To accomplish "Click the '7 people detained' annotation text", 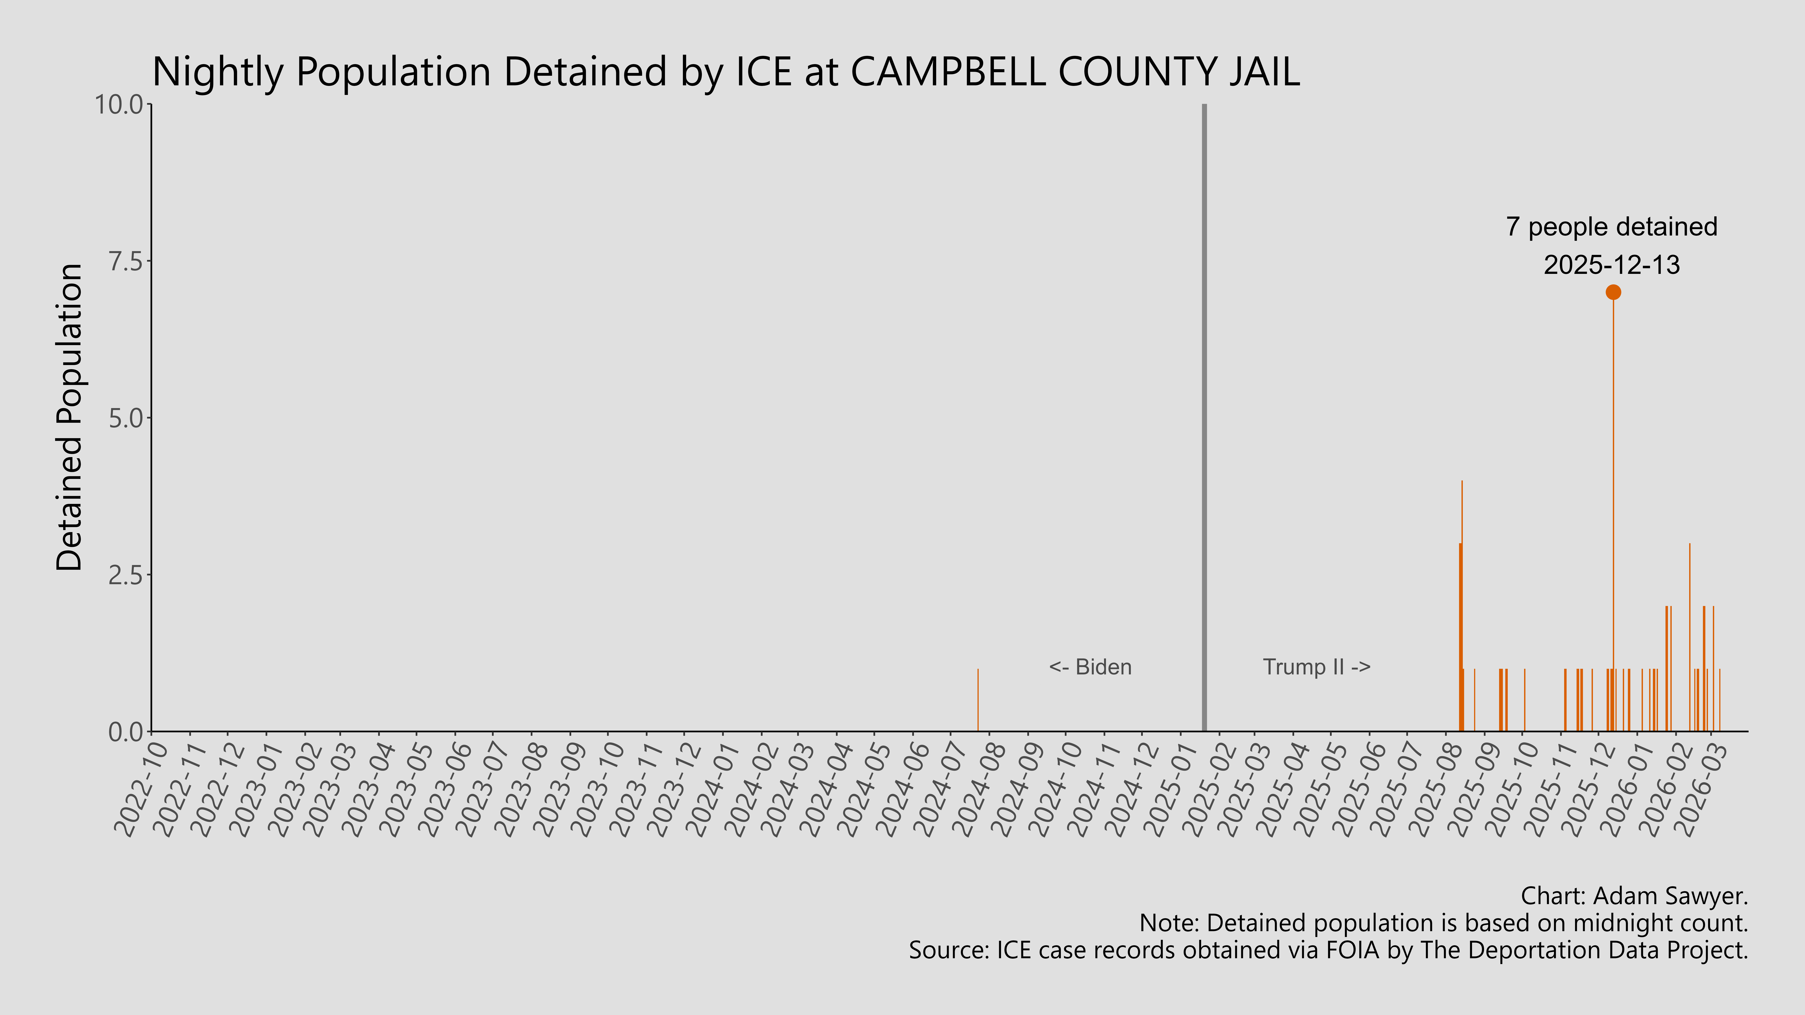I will (1612, 227).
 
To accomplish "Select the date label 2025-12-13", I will (1612, 265).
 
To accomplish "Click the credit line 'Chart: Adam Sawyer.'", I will (1634, 896).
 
